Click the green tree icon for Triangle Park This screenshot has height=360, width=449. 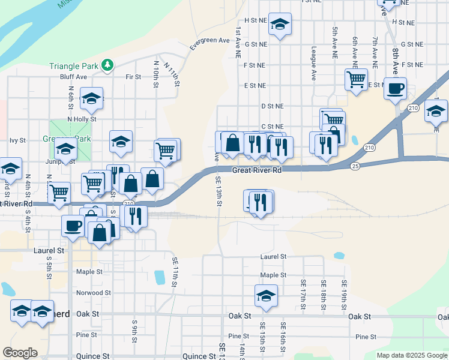pos(107,65)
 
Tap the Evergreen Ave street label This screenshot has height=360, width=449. pos(210,41)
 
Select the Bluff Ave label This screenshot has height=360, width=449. pos(74,77)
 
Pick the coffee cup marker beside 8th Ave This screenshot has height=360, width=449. pos(395,89)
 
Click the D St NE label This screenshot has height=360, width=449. pos(271,106)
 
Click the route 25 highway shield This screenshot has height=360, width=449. pos(355,166)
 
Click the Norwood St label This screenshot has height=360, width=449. pos(94,293)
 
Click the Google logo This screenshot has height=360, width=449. pos(20,353)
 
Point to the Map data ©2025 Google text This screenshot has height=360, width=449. pos(411,355)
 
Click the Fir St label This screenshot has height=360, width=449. pos(133,77)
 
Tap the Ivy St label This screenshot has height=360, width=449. pos(17,140)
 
